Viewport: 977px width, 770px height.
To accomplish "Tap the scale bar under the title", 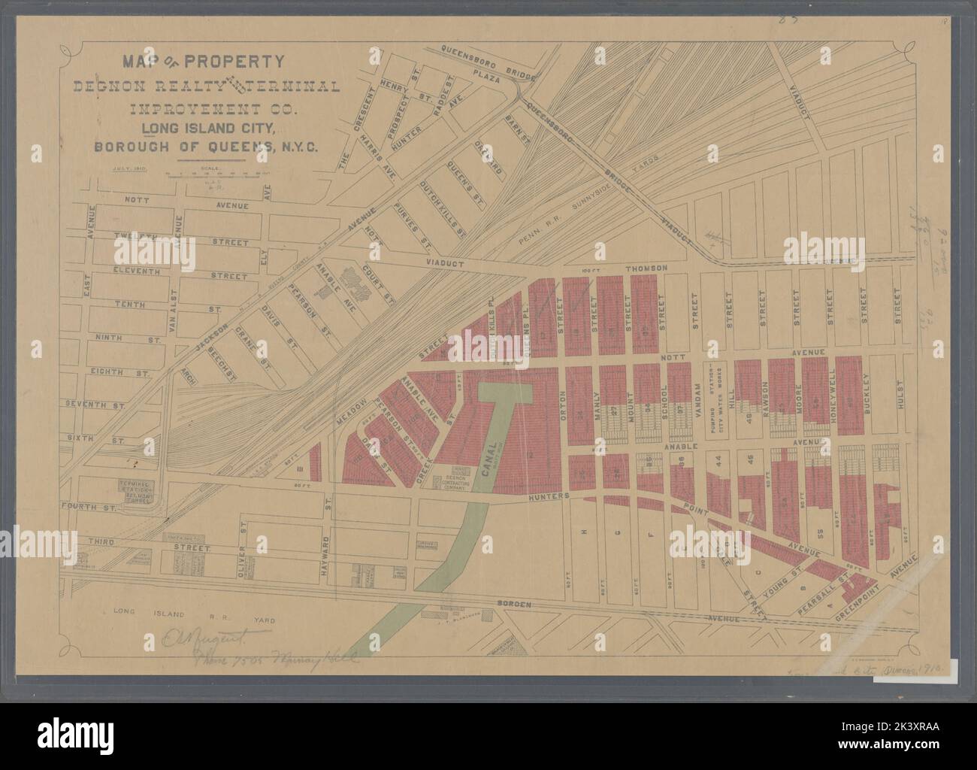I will (218, 174).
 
